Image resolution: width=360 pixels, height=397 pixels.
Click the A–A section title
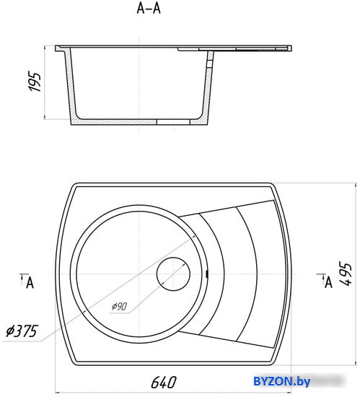coord(149,9)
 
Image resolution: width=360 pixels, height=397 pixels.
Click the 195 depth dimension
coord(35,82)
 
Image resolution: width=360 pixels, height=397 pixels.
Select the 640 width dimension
coord(164,383)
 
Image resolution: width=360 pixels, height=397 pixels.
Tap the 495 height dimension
coord(346,274)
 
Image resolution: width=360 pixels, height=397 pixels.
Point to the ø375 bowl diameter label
coord(22,331)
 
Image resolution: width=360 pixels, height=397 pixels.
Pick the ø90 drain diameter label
coord(120,306)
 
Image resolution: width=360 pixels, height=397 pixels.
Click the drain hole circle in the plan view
coord(173,274)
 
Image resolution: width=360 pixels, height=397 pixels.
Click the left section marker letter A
coord(30,282)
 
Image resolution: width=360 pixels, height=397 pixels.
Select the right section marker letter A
coord(329,282)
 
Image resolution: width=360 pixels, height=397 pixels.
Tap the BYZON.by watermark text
coord(281,381)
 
